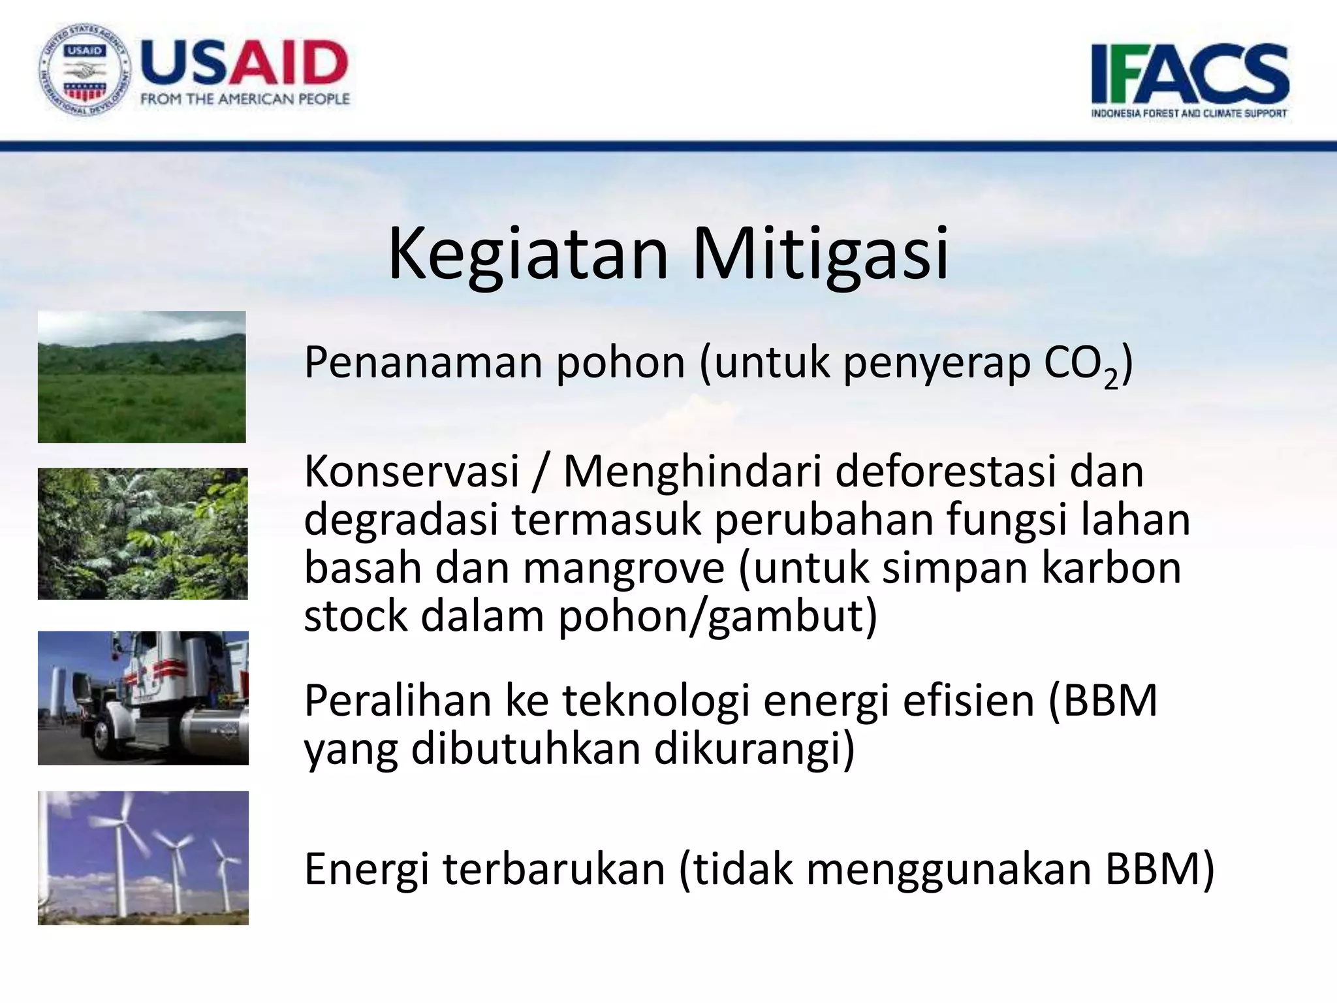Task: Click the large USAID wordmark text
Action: (244, 63)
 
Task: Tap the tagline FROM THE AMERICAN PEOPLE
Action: (245, 99)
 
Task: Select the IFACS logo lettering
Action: (1189, 74)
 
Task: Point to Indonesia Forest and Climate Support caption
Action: (1189, 113)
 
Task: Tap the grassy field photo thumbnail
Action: (142, 377)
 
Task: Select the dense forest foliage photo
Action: (142, 533)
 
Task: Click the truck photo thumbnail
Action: (143, 697)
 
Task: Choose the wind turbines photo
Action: (143, 857)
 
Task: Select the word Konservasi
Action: (411, 471)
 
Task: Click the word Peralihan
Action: (398, 701)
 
